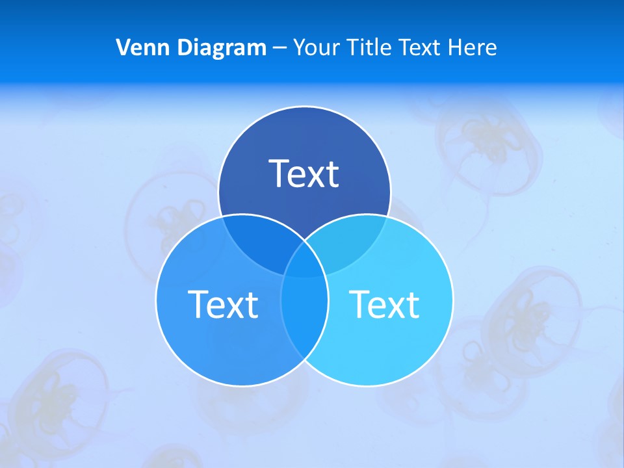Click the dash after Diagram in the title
coord(279,48)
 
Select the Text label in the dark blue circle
coord(304,174)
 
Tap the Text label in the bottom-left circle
coord(223,304)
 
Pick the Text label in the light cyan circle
coord(385,304)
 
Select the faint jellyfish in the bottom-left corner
coord(58,396)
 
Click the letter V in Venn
coord(122,47)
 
